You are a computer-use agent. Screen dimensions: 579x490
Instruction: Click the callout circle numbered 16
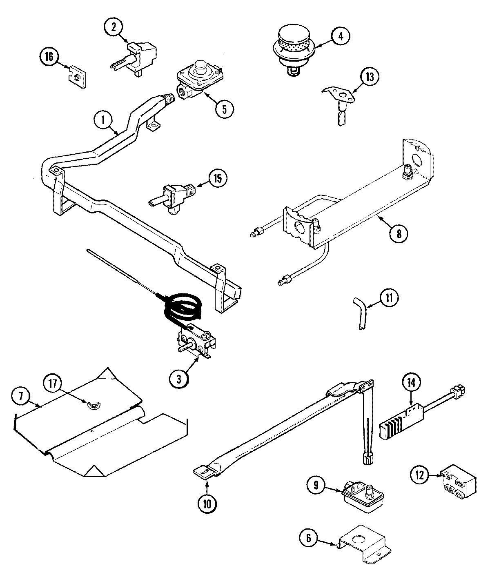[x=49, y=57]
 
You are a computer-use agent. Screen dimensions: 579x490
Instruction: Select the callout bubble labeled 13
[x=370, y=78]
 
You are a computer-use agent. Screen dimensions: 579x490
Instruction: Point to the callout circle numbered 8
[x=399, y=234]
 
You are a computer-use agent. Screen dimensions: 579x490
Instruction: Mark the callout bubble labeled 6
[x=309, y=539]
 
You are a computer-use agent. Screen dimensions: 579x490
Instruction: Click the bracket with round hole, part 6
[x=363, y=543]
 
